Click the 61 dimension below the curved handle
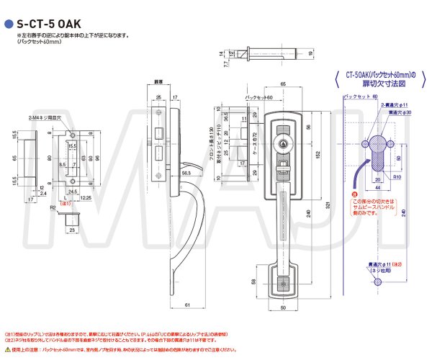(x=186, y=305)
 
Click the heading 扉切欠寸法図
(x=381, y=84)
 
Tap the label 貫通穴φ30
(x=400, y=113)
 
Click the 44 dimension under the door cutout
(x=379, y=189)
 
